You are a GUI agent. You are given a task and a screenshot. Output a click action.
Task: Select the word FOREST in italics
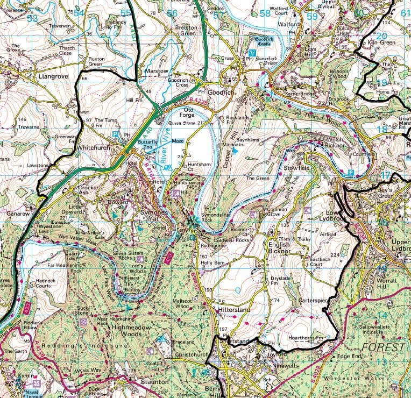pos(383,347)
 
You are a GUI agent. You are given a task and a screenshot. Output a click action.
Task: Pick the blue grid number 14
pos(382,315)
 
